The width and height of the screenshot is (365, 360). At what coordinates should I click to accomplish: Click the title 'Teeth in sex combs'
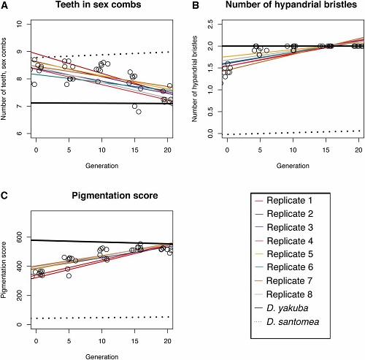99,4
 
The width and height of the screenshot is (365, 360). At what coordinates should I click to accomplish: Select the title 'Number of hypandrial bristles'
291,4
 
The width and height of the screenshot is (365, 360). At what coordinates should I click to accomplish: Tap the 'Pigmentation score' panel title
115,196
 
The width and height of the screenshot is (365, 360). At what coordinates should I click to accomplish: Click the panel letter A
4,5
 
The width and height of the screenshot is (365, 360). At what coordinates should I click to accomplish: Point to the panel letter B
196,5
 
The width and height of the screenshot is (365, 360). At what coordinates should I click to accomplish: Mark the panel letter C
4,196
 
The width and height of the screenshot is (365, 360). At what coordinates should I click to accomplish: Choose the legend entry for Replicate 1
283,201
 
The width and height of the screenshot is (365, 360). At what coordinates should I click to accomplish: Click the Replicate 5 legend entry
284,254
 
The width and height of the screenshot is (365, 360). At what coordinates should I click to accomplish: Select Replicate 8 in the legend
283,294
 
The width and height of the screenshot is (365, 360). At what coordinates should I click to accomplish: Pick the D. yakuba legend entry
281,308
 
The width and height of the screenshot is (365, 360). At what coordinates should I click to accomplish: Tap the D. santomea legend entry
287,322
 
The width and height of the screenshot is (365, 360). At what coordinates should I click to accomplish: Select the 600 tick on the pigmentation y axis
20,237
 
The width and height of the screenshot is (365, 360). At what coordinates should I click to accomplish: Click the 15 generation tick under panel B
326,150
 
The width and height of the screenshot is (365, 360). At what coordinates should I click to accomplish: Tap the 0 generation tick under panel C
36,341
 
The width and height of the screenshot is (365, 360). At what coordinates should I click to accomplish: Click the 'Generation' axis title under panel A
101,166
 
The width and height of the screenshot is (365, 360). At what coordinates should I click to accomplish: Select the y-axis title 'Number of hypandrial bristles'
195,79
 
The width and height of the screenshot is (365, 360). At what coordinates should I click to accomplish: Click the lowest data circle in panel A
139,112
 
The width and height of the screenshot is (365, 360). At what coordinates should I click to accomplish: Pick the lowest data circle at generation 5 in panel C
69,276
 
